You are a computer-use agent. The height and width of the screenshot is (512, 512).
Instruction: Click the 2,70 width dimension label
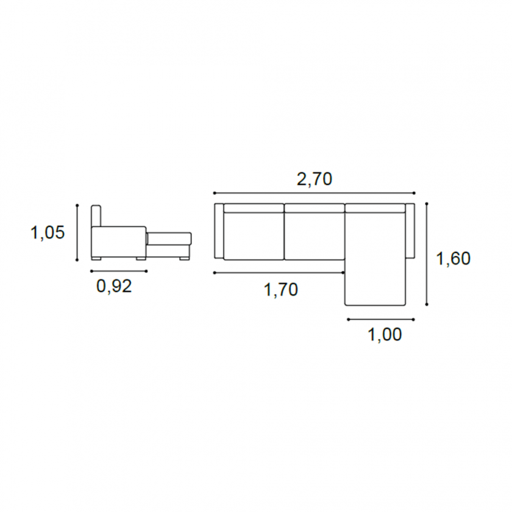point(315,179)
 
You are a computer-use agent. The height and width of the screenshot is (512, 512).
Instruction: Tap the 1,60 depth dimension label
point(453,258)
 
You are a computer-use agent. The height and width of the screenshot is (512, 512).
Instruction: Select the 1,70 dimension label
point(281,290)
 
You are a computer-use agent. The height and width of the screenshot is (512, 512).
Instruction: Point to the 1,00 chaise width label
point(385,335)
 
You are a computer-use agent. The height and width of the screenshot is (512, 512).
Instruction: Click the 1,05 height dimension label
point(48,233)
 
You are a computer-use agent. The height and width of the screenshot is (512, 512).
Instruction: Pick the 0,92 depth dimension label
point(115,286)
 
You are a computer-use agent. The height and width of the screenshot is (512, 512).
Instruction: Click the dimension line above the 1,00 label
point(381,319)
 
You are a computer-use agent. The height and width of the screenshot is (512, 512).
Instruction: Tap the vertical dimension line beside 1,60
point(427,254)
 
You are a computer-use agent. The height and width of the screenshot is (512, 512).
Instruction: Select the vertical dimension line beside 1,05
point(77,232)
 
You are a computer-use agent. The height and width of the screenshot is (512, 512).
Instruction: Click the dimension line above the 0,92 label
point(119,271)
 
